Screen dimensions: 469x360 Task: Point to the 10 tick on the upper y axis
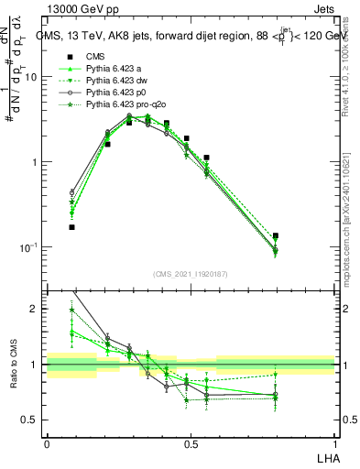tap(34, 77)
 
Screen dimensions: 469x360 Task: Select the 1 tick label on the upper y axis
tap(38, 162)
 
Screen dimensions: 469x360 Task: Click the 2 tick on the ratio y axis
tap(38, 309)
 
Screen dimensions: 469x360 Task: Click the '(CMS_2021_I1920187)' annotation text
tap(191, 274)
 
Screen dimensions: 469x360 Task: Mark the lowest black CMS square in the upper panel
tap(71, 226)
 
